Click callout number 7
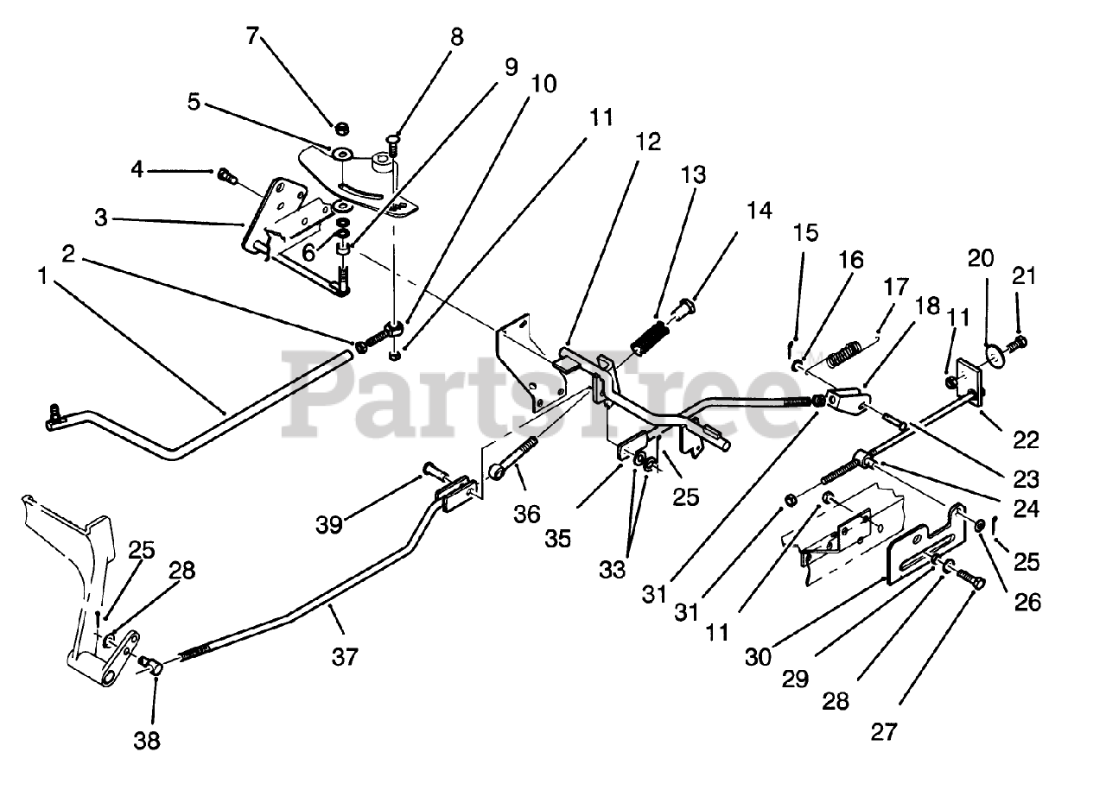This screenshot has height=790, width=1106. pyautogui.click(x=251, y=36)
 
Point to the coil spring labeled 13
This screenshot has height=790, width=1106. pyautogui.click(x=653, y=337)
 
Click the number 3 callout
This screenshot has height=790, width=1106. pyautogui.click(x=102, y=218)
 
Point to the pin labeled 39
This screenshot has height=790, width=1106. pyautogui.click(x=432, y=471)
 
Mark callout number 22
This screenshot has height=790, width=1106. pyautogui.click(x=1027, y=439)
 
